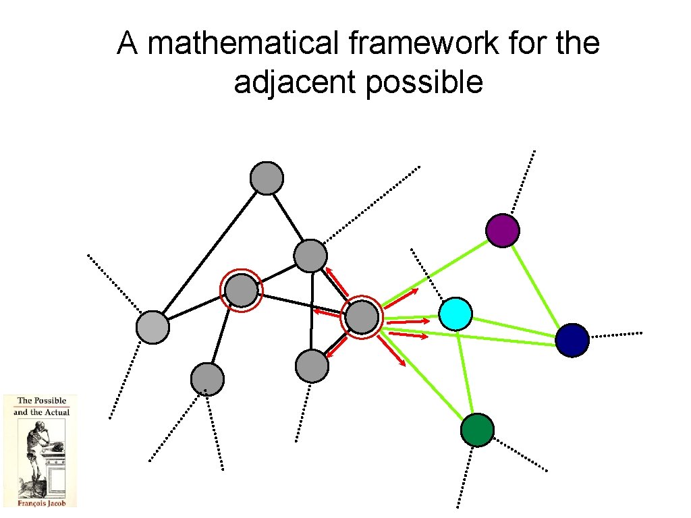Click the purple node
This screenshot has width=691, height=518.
[503, 231]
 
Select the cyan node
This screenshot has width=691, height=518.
[455, 314]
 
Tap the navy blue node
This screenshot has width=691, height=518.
[572, 340]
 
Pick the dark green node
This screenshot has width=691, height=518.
[477, 430]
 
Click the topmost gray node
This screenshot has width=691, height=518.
[267, 178]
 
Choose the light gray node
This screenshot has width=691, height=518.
[153, 328]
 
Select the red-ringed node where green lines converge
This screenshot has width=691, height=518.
[362, 317]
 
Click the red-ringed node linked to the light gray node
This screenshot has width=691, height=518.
[241, 291]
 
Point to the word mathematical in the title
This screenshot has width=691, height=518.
[240, 45]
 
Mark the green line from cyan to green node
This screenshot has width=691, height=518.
[466, 371]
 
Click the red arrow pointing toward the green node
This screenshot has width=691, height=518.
[391, 351]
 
